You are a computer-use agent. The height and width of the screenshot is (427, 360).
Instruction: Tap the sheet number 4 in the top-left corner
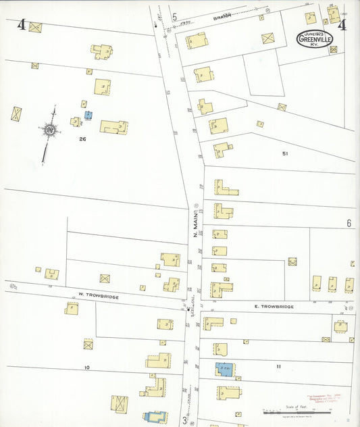point(22,26)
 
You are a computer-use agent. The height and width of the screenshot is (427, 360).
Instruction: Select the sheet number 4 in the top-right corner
point(342,26)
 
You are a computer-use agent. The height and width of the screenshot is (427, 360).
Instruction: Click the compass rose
point(50,128)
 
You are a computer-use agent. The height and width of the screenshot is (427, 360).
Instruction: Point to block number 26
point(82,139)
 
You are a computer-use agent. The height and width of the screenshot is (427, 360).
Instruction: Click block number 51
point(285,154)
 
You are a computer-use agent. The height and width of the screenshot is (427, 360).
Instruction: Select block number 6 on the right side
point(349,223)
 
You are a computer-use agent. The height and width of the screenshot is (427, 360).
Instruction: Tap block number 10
point(86,367)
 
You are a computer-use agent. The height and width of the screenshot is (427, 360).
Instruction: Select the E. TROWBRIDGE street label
point(274,307)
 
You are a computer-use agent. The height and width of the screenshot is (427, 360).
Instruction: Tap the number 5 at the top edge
point(174,17)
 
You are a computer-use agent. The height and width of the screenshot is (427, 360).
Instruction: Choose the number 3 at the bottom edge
point(184,419)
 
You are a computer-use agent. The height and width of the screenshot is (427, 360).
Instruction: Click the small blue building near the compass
point(88,116)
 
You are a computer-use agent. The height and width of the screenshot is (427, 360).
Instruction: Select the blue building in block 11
point(224,369)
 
